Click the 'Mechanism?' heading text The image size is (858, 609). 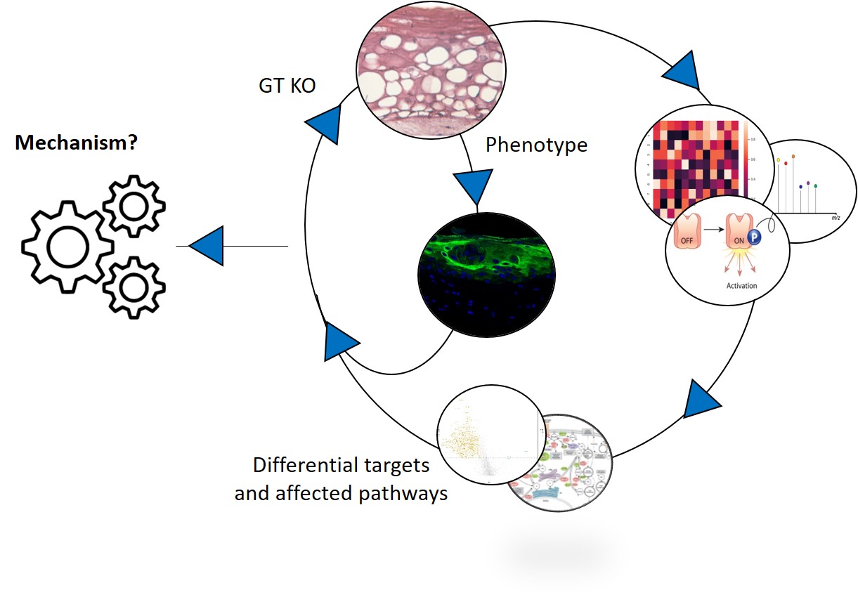pos(76,143)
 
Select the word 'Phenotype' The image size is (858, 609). pos(536,145)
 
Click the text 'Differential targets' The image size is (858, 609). pos(341,465)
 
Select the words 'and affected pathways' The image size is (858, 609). pos(341,493)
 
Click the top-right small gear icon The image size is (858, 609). pos(134,204)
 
